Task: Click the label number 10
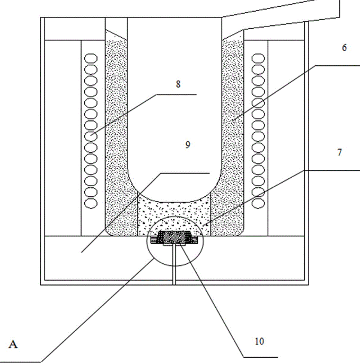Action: coord(260,341)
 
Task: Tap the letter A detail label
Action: coord(14,345)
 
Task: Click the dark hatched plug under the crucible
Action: coord(175,238)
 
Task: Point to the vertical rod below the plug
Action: coord(173,265)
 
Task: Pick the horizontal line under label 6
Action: coord(337,65)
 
